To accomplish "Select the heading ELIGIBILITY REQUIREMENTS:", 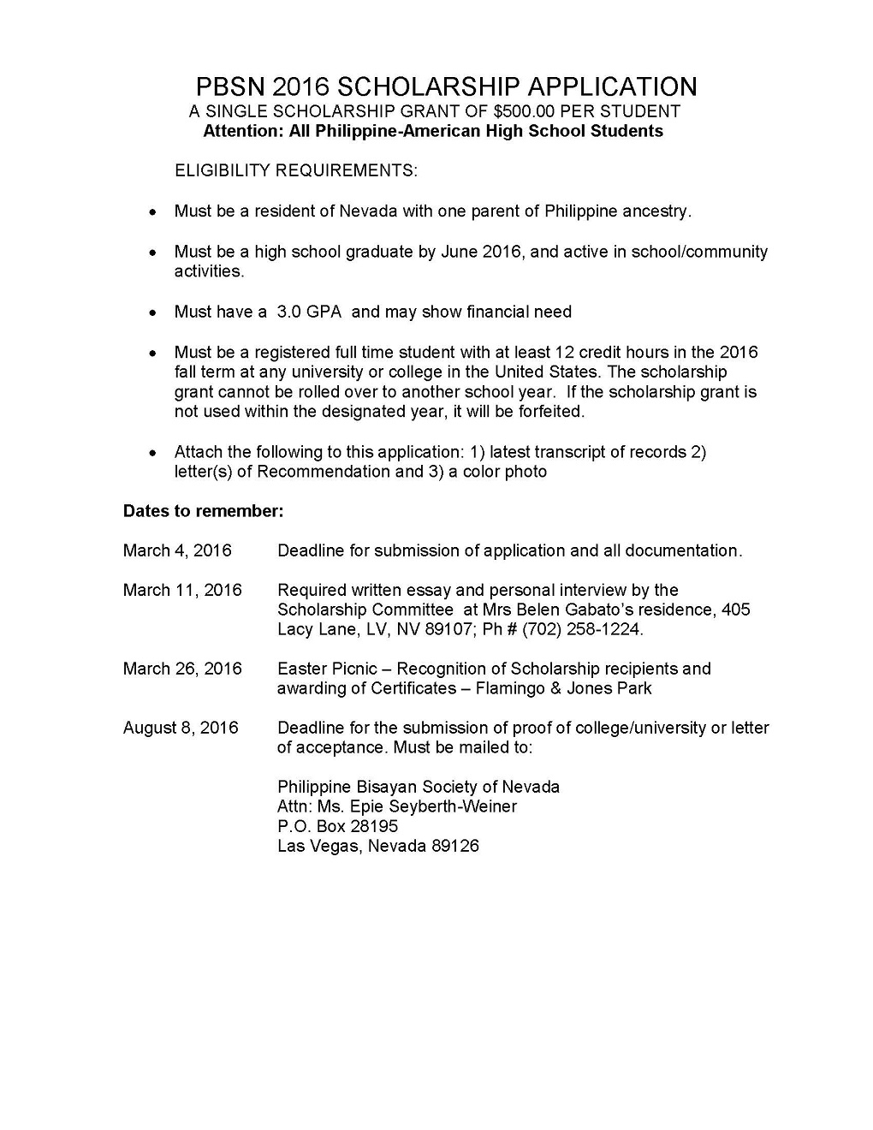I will (296, 170).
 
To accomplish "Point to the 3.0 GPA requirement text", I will (309, 312).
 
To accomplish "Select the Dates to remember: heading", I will (203, 511).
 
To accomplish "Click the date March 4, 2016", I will (177, 550).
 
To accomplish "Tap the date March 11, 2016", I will (182, 590).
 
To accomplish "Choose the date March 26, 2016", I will (182, 669).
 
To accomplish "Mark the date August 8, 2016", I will (181, 728).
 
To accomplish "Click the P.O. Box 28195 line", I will (337, 826).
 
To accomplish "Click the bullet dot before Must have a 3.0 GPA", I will (152, 312).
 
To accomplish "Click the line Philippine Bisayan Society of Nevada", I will (419, 787).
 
